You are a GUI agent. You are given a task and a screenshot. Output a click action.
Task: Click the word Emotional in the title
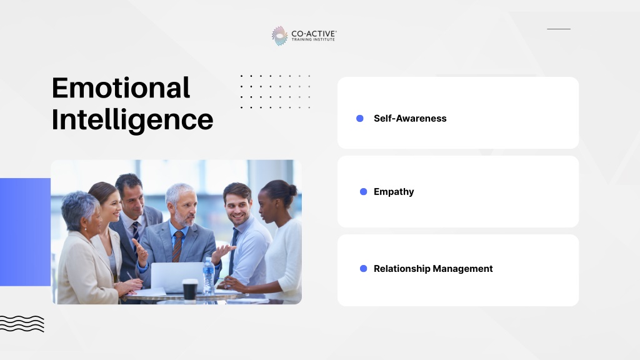coord(121,87)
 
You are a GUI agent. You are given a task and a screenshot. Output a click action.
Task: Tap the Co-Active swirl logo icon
coord(279,36)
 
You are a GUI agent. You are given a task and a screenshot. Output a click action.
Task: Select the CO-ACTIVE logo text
coord(314,36)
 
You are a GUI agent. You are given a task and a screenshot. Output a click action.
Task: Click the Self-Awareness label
coord(410,118)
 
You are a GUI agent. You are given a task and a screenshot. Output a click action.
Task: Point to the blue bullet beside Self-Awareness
coord(359,118)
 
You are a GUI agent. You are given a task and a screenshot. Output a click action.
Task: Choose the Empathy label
coord(394,192)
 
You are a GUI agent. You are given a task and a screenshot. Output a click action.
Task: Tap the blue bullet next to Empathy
coord(363,192)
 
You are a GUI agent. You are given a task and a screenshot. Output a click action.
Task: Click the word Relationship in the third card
coord(402,269)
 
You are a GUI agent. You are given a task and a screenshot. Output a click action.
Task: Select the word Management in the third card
coord(462,269)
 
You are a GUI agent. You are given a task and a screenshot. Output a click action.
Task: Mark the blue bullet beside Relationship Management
coord(363,269)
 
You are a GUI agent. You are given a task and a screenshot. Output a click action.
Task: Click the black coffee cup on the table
coord(190,291)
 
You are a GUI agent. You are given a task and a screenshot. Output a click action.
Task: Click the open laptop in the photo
coord(177,277)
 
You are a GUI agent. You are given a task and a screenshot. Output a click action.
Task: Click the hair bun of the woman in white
coord(292,190)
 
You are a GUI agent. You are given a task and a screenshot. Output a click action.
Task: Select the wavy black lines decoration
coord(22,324)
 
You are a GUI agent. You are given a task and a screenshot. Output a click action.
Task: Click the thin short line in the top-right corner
coord(559,29)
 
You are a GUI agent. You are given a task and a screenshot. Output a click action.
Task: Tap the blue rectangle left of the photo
coord(25,232)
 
